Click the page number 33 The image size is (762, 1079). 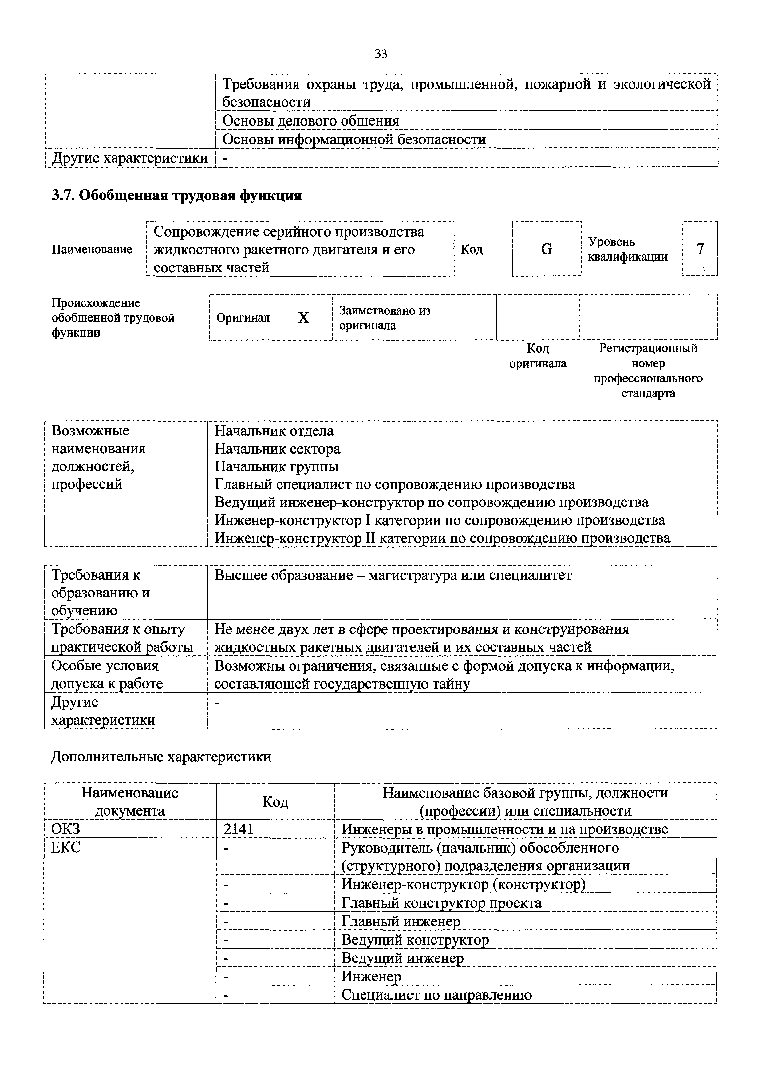(x=381, y=54)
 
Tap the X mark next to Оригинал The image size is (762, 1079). (x=304, y=318)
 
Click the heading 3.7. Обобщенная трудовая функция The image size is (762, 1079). (x=176, y=195)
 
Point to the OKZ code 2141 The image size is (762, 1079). (x=239, y=829)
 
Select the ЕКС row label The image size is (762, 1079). (x=66, y=847)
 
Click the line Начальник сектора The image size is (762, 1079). (x=278, y=449)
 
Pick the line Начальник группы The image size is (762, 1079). (x=277, y=467)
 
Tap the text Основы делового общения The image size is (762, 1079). (x=311, y=121)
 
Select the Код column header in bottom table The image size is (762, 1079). (x=275, y=802)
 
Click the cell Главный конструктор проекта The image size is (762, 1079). (x=441, y=903)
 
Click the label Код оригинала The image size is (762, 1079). (x=538, y=356)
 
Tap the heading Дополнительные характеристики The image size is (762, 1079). (x=161, y=757)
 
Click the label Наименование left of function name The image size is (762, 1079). (x=92, y=249)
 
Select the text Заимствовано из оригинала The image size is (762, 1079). (x=385, y=318)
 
